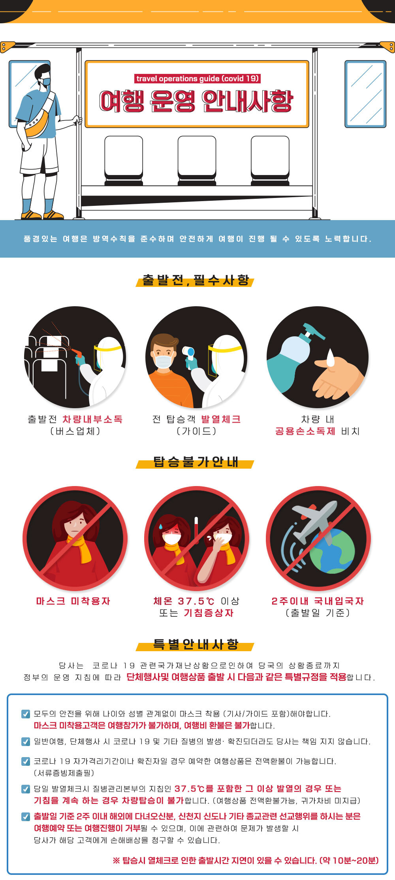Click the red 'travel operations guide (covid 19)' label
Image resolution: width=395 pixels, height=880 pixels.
(x=197, y=79)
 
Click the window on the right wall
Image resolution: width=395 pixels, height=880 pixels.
(x=365, y=94)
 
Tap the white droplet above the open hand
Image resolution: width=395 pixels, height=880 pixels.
(x=330, y=358)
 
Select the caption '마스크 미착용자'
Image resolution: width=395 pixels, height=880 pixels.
(x=73, y=601)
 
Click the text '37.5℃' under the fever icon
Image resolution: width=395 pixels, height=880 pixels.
(x=196, y=601)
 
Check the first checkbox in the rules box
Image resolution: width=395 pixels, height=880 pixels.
(x=25, y=714)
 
